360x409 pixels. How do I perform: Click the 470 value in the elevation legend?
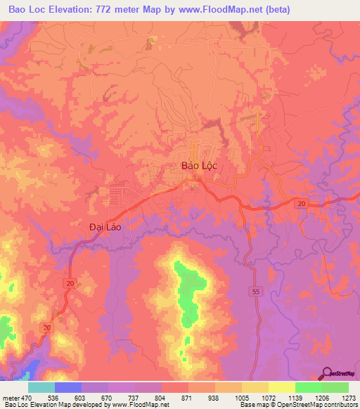tap(27, 398)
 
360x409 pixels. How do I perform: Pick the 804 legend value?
tap(161, 398)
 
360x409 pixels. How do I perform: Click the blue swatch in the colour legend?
tap(68, 387)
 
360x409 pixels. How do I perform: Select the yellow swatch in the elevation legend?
tap(281, 387)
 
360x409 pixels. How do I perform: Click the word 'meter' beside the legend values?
tap(10, 398)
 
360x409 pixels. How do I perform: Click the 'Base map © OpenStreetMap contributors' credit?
tap(297, 405)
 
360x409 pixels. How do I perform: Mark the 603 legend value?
tap(80, 398)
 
